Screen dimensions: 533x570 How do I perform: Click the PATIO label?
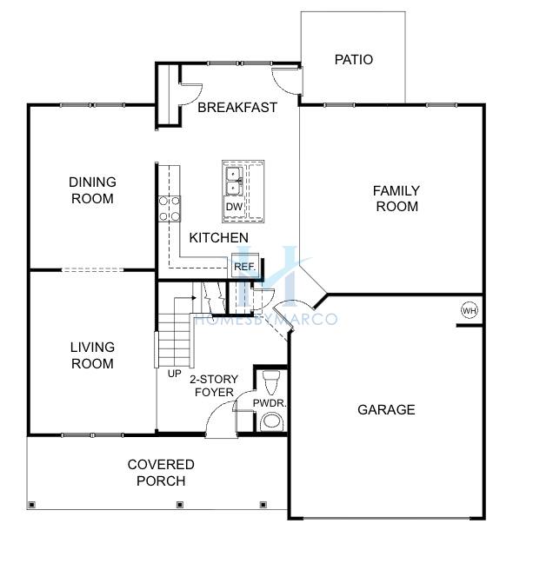tap(354, 60)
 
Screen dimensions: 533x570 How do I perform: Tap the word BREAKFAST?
tap(237, 107)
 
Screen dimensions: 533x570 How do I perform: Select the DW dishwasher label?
tap(234, 207)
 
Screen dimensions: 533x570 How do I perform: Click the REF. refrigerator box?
tap(245, 266)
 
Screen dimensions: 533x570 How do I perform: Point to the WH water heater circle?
tap(470, 310)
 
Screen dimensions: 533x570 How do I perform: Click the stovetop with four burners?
tap(170, 209)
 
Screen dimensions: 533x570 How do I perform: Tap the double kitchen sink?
tap(234, 181)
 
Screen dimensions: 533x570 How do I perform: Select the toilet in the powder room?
tap(271, 382)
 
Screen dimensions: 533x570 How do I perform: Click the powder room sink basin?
tap(271, 421)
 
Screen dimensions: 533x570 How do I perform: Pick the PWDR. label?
tap(270, 403)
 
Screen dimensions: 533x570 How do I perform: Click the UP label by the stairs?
tap(174, 374)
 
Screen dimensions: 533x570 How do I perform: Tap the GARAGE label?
tap(386, 410)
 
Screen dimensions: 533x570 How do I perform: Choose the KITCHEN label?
tap(218, 238)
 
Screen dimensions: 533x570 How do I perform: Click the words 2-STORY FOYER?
tap(214, 386)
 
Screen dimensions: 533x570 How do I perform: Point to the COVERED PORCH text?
tap(161, 473)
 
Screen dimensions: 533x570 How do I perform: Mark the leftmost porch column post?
tap(32, 505)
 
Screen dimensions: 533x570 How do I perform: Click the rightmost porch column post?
tap(263, 505)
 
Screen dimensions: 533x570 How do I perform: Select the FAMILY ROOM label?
tap(396, 198)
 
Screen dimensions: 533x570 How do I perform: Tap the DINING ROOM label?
tap(92, 190)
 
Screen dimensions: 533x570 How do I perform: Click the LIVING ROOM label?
tap(92, 355)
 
